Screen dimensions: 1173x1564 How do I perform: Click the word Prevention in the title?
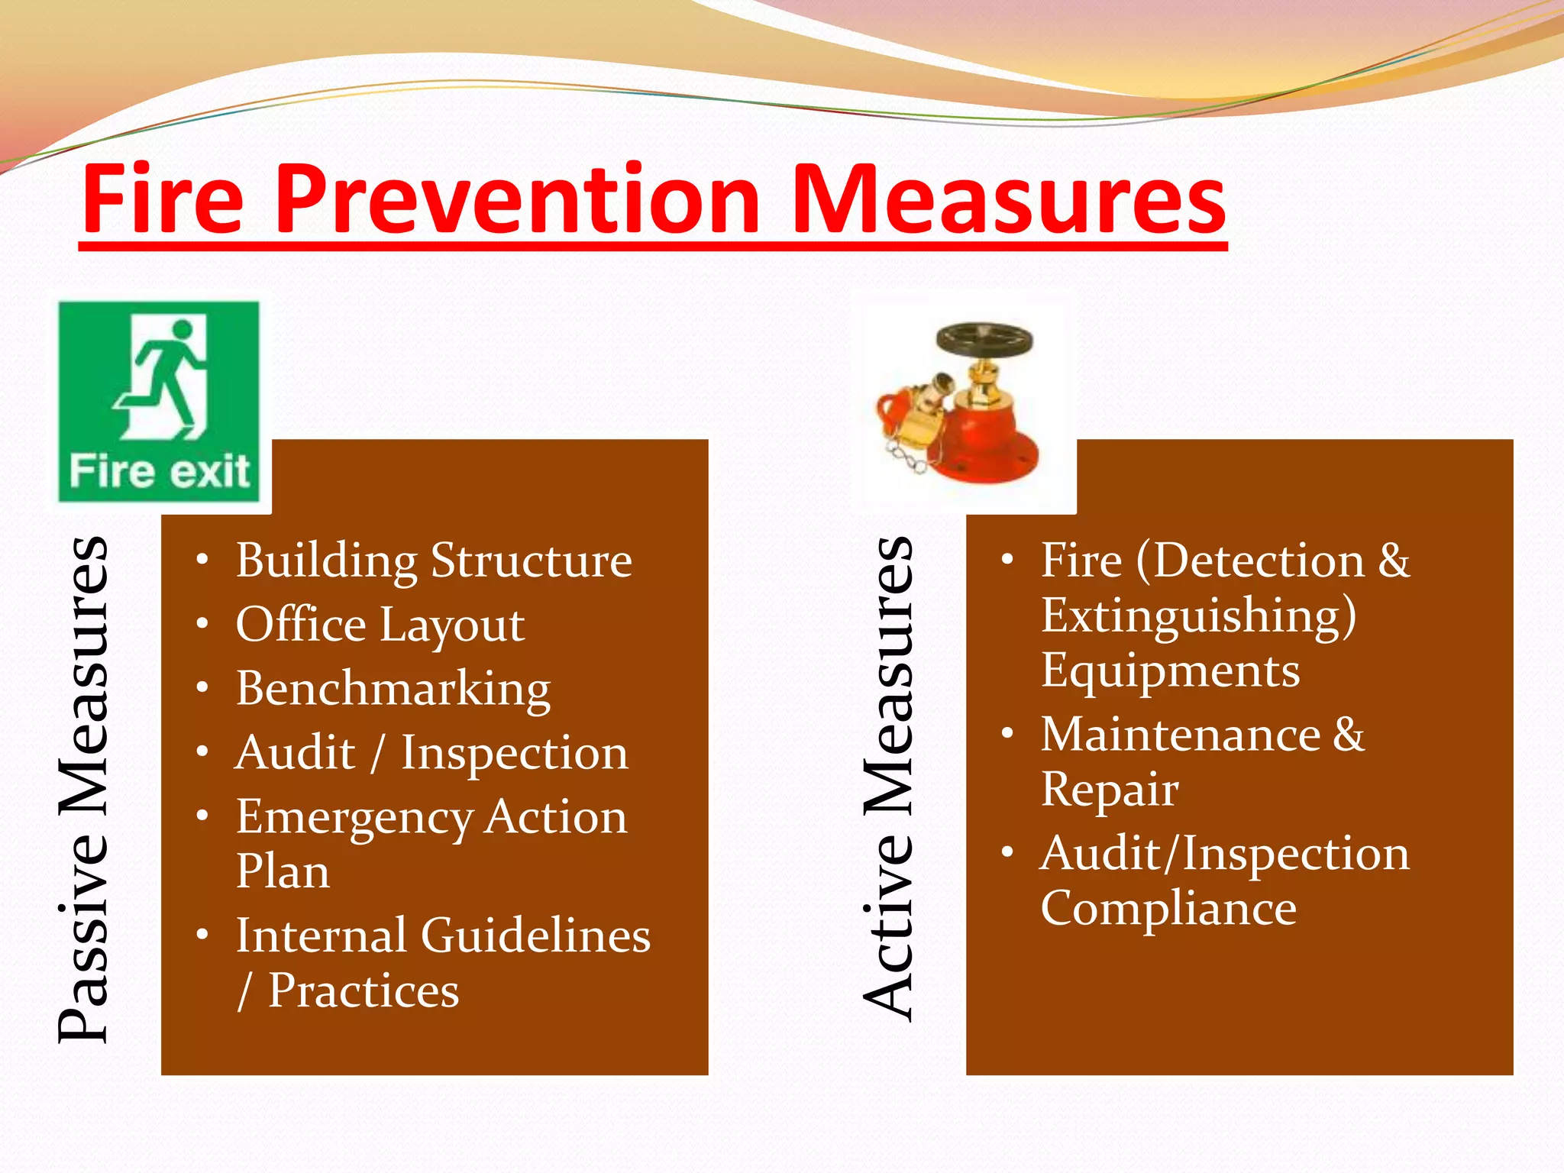tap(518, 200)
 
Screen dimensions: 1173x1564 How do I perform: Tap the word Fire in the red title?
tap(162, 200)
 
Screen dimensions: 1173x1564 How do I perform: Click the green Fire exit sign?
tap(159, 402)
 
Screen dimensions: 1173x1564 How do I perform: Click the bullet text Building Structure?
tap(434, 561)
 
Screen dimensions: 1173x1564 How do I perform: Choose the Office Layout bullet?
tap(380, 625)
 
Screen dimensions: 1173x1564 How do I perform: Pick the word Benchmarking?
tap(393, 689)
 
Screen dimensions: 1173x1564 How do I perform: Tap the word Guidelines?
tap(535, 935)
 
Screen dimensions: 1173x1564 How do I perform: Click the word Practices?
tap(364, 991)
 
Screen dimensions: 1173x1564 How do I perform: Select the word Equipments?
tap(1170, 671)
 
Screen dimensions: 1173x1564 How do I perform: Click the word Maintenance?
tap(1181, 735)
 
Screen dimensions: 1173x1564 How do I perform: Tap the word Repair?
tap(1110, 790)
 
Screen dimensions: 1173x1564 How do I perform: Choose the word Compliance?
tap(1168, 909)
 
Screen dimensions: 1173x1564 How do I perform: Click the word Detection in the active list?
tap(1259, 561)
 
